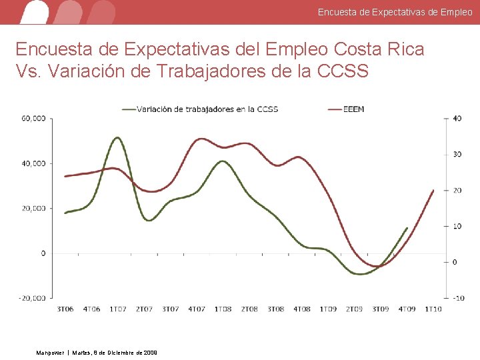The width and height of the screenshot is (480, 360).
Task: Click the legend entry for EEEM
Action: coord(354,109)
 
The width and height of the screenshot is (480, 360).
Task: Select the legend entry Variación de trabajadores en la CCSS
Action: coord(207,109)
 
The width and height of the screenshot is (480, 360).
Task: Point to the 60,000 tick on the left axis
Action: coord(33,119)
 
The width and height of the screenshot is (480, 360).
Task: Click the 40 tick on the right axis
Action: coord(457,119)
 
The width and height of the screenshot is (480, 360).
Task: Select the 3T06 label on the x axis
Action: coord(65,309)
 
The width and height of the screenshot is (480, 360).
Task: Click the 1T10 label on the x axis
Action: coord(433,309)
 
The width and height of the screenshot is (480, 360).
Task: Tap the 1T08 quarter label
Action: coord(223,309)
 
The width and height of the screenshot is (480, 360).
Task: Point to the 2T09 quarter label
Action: coord(354,309)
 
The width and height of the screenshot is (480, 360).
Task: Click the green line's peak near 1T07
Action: coord(117,137)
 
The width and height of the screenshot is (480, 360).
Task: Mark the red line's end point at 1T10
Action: coord(433,190)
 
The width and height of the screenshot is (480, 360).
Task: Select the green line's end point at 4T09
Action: coord(407,228)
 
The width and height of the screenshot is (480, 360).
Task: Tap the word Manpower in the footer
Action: coord(51,352)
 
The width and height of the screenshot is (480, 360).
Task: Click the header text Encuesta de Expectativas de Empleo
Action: coord(395,12)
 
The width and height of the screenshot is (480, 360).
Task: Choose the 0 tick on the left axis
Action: coord(43,253)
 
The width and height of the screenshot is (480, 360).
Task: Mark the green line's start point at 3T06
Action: coord(65,213)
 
